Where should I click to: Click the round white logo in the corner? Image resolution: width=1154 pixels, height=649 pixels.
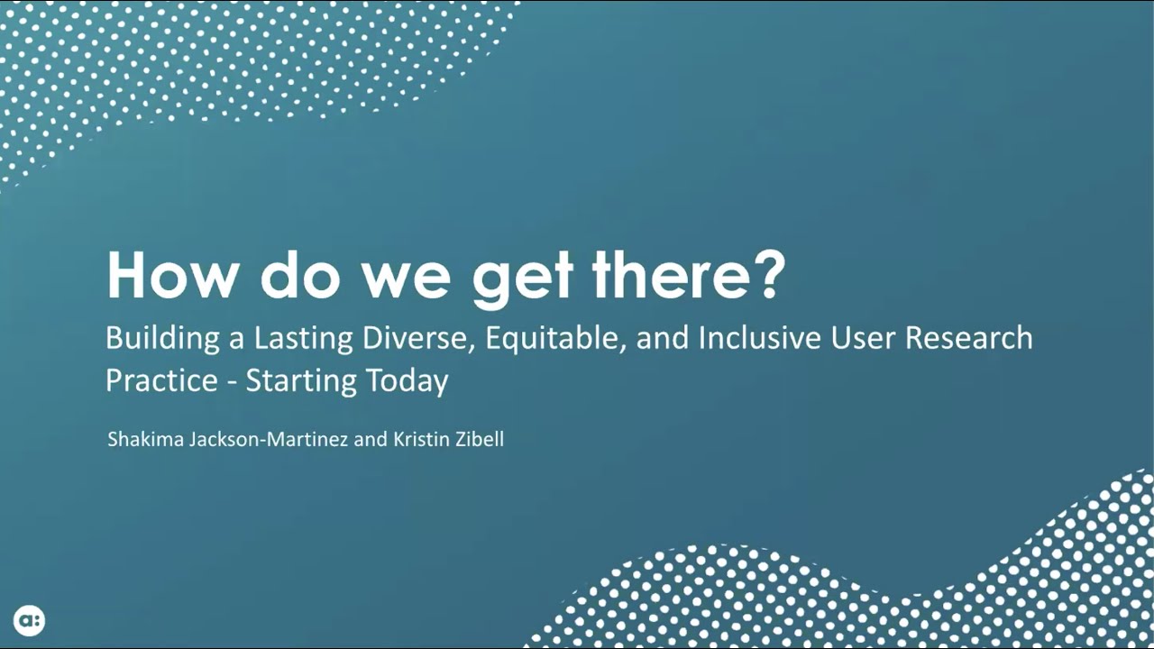(x=29, y=620)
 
